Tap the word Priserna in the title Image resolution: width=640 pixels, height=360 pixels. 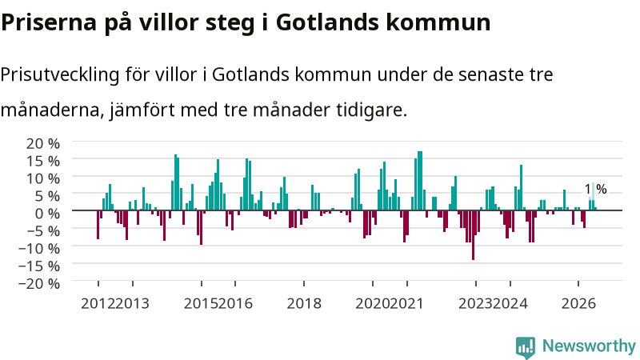point(49,22)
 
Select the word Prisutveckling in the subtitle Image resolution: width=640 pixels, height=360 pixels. point(60,75)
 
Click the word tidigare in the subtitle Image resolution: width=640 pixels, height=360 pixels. point(372,110)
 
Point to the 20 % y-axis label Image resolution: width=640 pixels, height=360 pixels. point(43,143)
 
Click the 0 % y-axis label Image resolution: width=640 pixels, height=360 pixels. point(47,213)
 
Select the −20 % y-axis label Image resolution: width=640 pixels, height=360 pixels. point(38,283)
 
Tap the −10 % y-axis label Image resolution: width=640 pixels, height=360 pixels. point(38,248)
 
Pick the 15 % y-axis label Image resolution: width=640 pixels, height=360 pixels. point(43,161)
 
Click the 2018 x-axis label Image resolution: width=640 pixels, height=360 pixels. point(304,304)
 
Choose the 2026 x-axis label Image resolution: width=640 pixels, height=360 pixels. point(578,304)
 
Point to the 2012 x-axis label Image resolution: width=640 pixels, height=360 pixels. point(98,304)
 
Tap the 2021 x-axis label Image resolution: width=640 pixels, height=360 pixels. point(406,304)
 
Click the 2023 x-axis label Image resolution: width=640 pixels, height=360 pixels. point(475,304)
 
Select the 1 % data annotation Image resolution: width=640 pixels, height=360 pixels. point(595,190)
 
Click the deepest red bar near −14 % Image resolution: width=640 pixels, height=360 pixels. point(473,235)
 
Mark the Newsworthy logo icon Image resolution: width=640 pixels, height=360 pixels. point(526,347)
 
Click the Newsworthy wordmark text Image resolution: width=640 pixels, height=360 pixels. point(589,346)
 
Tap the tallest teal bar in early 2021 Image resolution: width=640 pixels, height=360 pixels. point(420,181)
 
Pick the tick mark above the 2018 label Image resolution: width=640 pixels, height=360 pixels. point(304,284)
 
